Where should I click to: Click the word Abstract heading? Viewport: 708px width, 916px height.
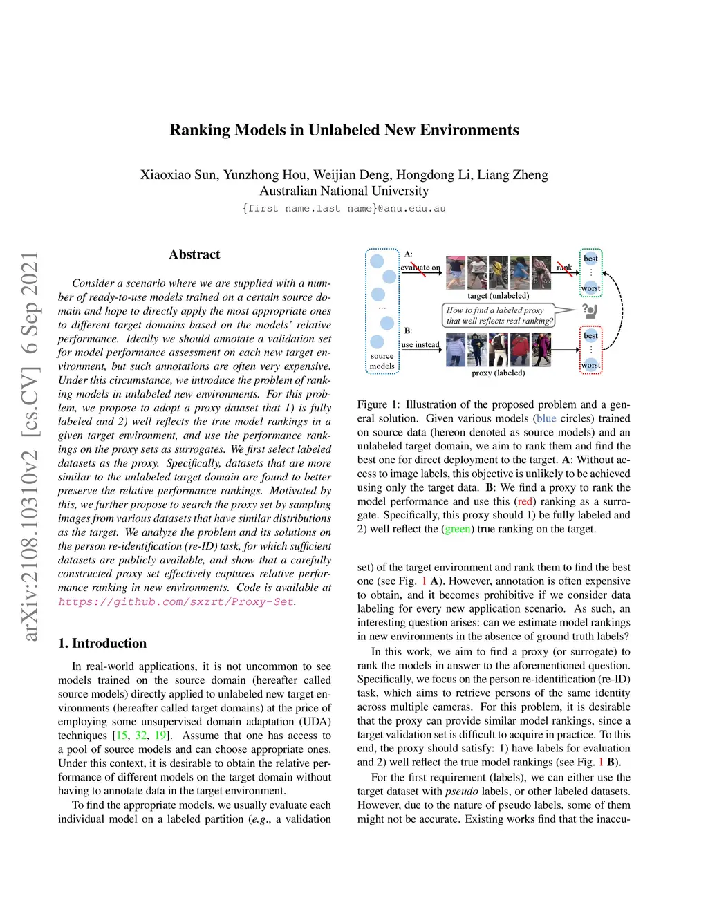click(x=194, y=254)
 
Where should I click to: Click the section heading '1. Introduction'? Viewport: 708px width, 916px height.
click(x=102, y=643)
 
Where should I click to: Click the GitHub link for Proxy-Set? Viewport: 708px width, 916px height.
click(x=176, y=601)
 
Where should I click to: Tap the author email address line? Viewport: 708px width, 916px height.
click(x=344, y=208)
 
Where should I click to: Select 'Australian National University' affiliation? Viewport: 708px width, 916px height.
click(x=344, y=191)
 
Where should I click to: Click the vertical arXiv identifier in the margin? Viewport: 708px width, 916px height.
click(x=30, y=446)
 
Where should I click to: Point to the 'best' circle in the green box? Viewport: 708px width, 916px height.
click(x=590, y=259)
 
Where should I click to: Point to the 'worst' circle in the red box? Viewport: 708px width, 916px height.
click(x=590, y=364)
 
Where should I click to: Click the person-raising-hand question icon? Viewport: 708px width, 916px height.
click(x=589, y=310)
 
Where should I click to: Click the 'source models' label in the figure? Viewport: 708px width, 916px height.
click(x=382, y=361)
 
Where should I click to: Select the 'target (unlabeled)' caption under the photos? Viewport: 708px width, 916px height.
click(x=498, y=296)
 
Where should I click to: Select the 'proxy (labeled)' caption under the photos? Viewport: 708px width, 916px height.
click(x=498, y=373)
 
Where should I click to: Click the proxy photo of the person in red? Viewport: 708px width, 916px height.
click(x=519, y=349)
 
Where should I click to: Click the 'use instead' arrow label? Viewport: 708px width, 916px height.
click(x=420, y=344)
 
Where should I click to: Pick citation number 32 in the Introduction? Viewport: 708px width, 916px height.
click(x=141, y=736)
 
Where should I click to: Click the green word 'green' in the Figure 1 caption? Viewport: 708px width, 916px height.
click(x=457, y=529)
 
